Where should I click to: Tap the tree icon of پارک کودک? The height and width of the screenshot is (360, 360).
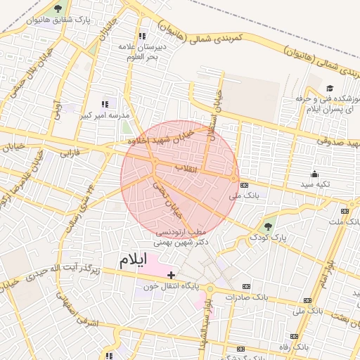(x=266, y=226)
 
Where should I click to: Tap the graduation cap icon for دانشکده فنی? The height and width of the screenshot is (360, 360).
(x=329, y=88)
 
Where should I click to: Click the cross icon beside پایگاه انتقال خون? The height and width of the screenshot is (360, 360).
(x=171, y=274)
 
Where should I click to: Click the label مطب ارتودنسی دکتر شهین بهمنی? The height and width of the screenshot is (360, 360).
(x=181, y=237)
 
